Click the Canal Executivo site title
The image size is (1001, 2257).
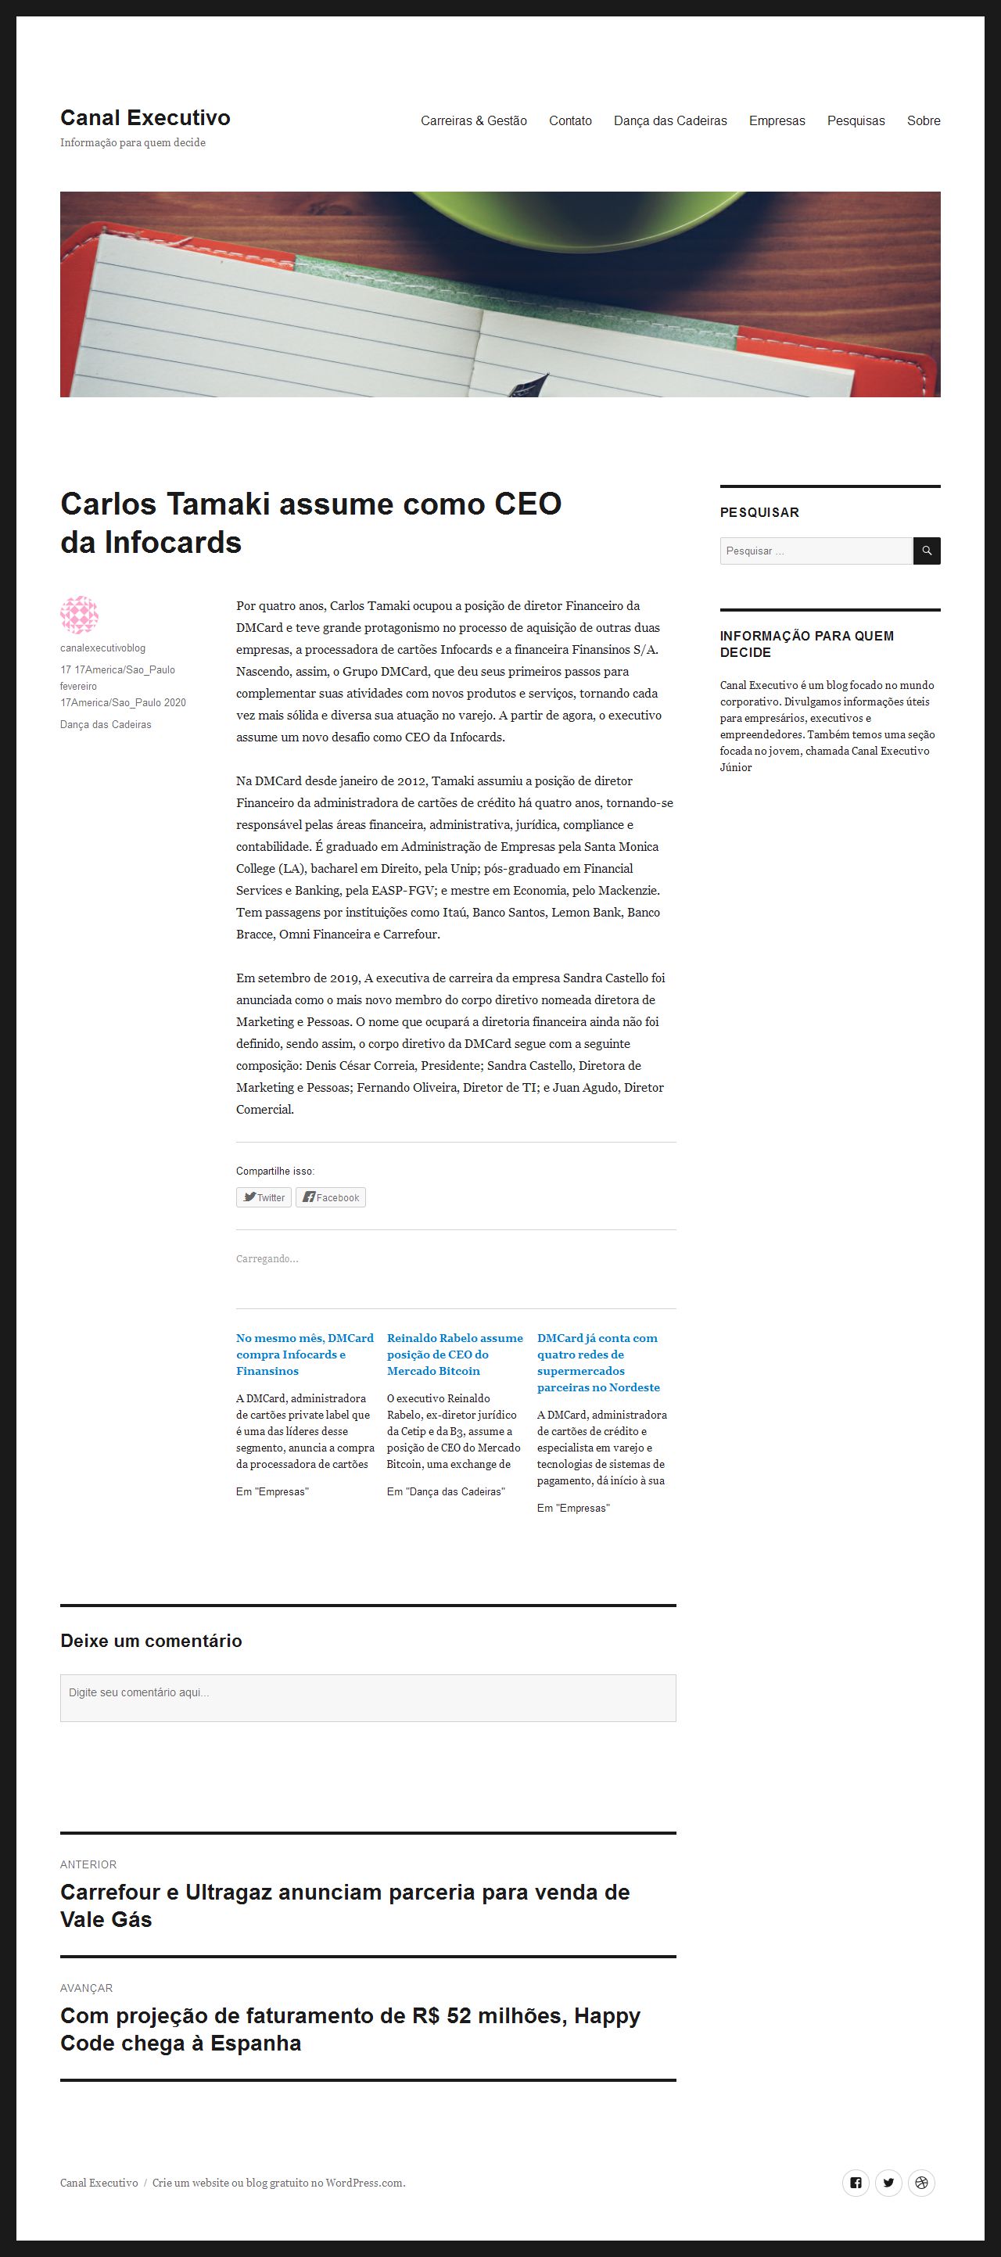(145, 117)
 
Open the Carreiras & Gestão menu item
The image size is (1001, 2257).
(474, 121)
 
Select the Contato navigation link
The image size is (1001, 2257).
(570, 121)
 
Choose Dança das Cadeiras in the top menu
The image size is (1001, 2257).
(670, 121)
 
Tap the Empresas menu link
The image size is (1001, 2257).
(777, 121)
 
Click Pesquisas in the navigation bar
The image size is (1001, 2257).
(856, 121)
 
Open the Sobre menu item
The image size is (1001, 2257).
(923, 121)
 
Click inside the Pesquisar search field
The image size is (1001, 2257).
(816, 551)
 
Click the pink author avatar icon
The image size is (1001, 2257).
(79, 615)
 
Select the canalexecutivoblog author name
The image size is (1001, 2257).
(102, 648)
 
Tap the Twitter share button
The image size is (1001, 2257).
(264, 1198)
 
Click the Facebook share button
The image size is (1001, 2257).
(330, 1198)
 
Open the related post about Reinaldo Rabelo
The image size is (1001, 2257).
(454, 1354)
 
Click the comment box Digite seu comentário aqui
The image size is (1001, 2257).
(368, 1698)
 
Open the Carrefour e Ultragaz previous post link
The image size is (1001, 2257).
(344, 1905)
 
